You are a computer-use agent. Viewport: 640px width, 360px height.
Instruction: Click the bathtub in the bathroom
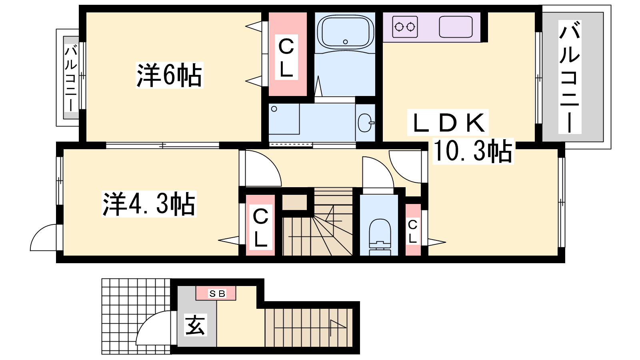(x=345, y=32)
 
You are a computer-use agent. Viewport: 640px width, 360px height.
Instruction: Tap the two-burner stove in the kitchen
(x=405, y=27)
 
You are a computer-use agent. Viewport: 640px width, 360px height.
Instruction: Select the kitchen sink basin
(x=456, y=27)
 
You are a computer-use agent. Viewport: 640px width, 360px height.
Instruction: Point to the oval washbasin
(x=365, y=123)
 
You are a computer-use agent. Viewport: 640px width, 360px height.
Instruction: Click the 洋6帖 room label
(x=170, y=76)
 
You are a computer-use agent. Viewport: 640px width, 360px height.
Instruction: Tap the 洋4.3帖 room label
(x=149, y=204)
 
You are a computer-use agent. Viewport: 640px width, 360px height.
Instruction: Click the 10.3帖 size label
(x=473, y=151)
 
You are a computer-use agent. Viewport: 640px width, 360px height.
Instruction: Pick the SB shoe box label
(x=217, y=294)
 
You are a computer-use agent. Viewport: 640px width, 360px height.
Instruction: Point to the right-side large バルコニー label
(x=570, y=77)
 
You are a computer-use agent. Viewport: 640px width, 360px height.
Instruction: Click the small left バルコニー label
(x=71, y=78)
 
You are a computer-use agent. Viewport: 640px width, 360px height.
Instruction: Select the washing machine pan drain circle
(x=274, y=109)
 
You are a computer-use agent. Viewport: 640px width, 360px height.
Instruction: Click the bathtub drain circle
(x=346, y=42)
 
